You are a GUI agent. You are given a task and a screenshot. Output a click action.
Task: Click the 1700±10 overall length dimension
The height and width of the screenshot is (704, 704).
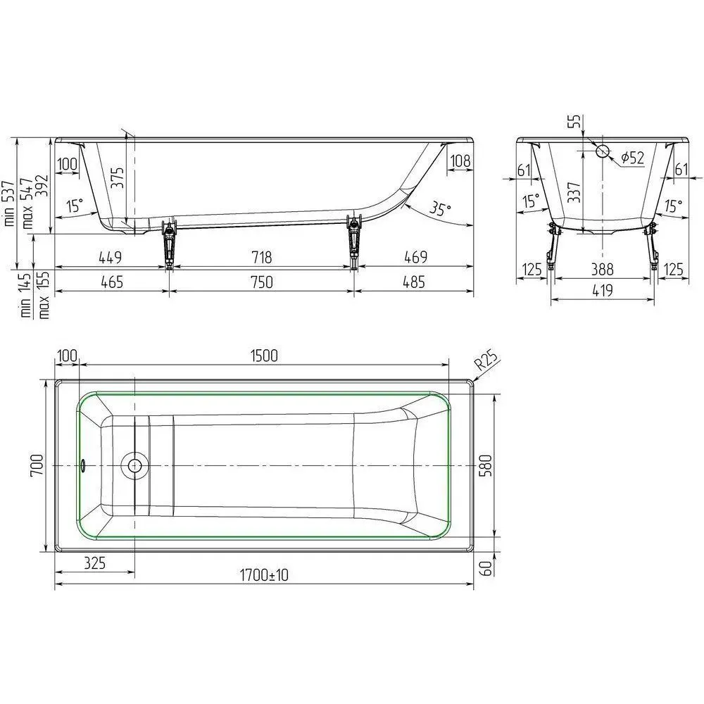[x=264, y=574]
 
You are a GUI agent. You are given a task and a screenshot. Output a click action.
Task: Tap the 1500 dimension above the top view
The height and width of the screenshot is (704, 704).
[x=264, y=356]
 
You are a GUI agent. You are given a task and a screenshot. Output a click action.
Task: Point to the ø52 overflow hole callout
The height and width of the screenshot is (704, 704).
[x=633, y=157]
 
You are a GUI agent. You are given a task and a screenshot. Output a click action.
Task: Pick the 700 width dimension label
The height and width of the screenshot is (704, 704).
[x=37, y=465]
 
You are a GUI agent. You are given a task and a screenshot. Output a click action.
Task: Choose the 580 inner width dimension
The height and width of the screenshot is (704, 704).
[x=486, y=465]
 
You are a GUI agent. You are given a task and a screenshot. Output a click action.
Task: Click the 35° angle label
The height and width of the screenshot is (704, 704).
[x=440, y=209]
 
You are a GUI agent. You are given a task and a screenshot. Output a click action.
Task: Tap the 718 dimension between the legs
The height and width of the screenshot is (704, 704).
[x=261, y=257]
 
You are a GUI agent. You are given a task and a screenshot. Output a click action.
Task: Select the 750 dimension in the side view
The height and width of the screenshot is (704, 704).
[x=261, y=282]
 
